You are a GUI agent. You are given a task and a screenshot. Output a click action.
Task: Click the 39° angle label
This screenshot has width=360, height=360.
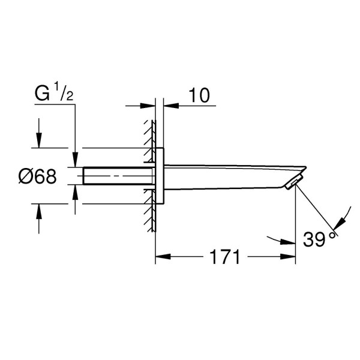coord(320,240)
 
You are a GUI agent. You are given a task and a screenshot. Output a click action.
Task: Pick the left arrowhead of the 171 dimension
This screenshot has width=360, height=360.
coord(161,258)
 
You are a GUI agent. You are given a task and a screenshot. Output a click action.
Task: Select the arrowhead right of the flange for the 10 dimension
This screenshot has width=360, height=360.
coord(169,107)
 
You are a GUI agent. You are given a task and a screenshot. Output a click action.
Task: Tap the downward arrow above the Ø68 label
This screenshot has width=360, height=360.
coord(39,142)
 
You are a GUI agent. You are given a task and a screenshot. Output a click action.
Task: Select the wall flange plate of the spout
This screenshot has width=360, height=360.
coord(159,176)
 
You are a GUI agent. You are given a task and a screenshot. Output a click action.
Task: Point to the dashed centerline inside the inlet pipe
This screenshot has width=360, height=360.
coord(120,175)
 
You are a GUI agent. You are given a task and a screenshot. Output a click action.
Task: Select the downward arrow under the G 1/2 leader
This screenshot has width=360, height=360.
coord(75,161)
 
